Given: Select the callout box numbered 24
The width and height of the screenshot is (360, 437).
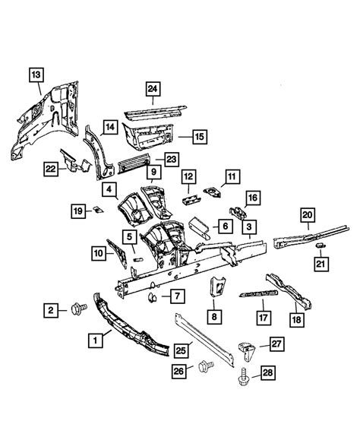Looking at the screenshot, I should (153, 90).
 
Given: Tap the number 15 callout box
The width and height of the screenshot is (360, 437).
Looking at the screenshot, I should (199, 137).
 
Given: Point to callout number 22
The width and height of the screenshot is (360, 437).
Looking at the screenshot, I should (51, 168).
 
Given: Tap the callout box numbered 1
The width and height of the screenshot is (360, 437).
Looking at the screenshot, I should (96, 341).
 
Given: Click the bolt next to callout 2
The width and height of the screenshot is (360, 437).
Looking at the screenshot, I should (77, 309).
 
